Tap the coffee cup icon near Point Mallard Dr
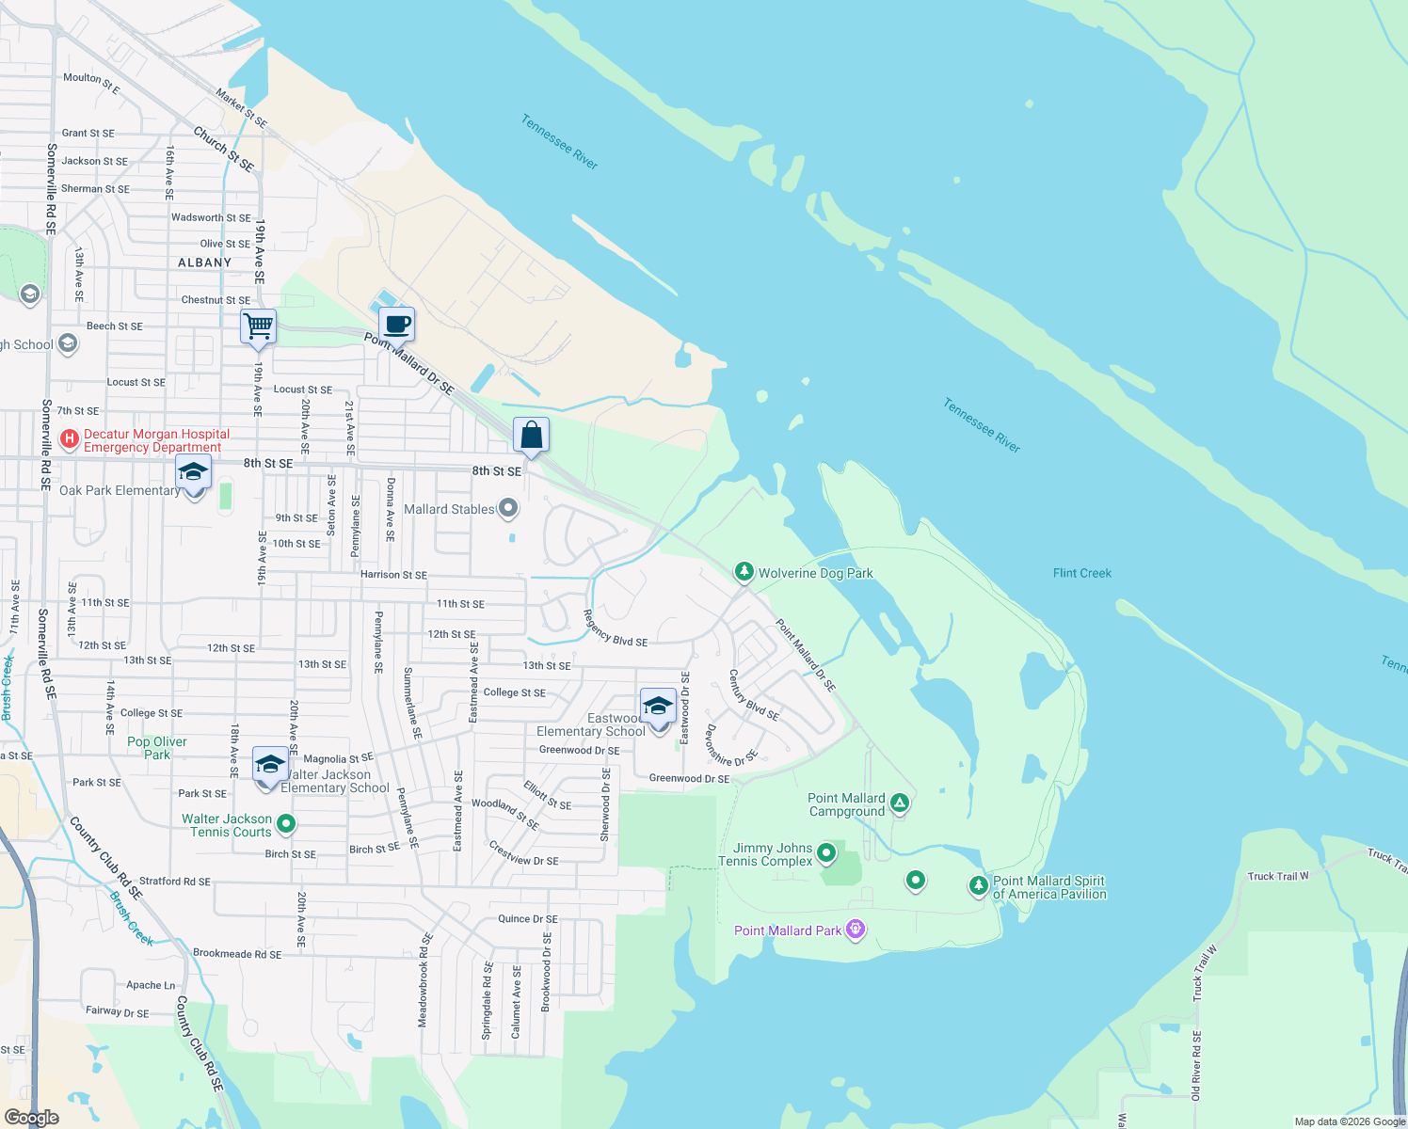tap(397, 326)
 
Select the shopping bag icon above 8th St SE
tap(531, 436)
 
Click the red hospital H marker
tap(69, 439)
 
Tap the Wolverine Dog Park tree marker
tap(744, 572)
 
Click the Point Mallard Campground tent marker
tap(900, 803)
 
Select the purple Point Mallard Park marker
tap(855, 930)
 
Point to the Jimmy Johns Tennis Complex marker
tap(826, 853)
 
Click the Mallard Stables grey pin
tap(508, 509)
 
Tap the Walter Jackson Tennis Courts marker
tap(286, 824)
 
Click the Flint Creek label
tap(1081, 573)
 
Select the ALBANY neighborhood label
tap(204, 262)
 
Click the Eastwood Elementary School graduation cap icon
tap(658, 706)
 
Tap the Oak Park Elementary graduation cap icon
tap(193, 472)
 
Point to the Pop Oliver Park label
tap(156, 748)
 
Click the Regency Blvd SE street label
tap(615, 628)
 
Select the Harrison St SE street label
tap(393, 574)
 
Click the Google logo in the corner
tap(31, 1117)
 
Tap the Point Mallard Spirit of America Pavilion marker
tap(979, 885)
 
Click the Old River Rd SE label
tap(1196, 1065)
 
